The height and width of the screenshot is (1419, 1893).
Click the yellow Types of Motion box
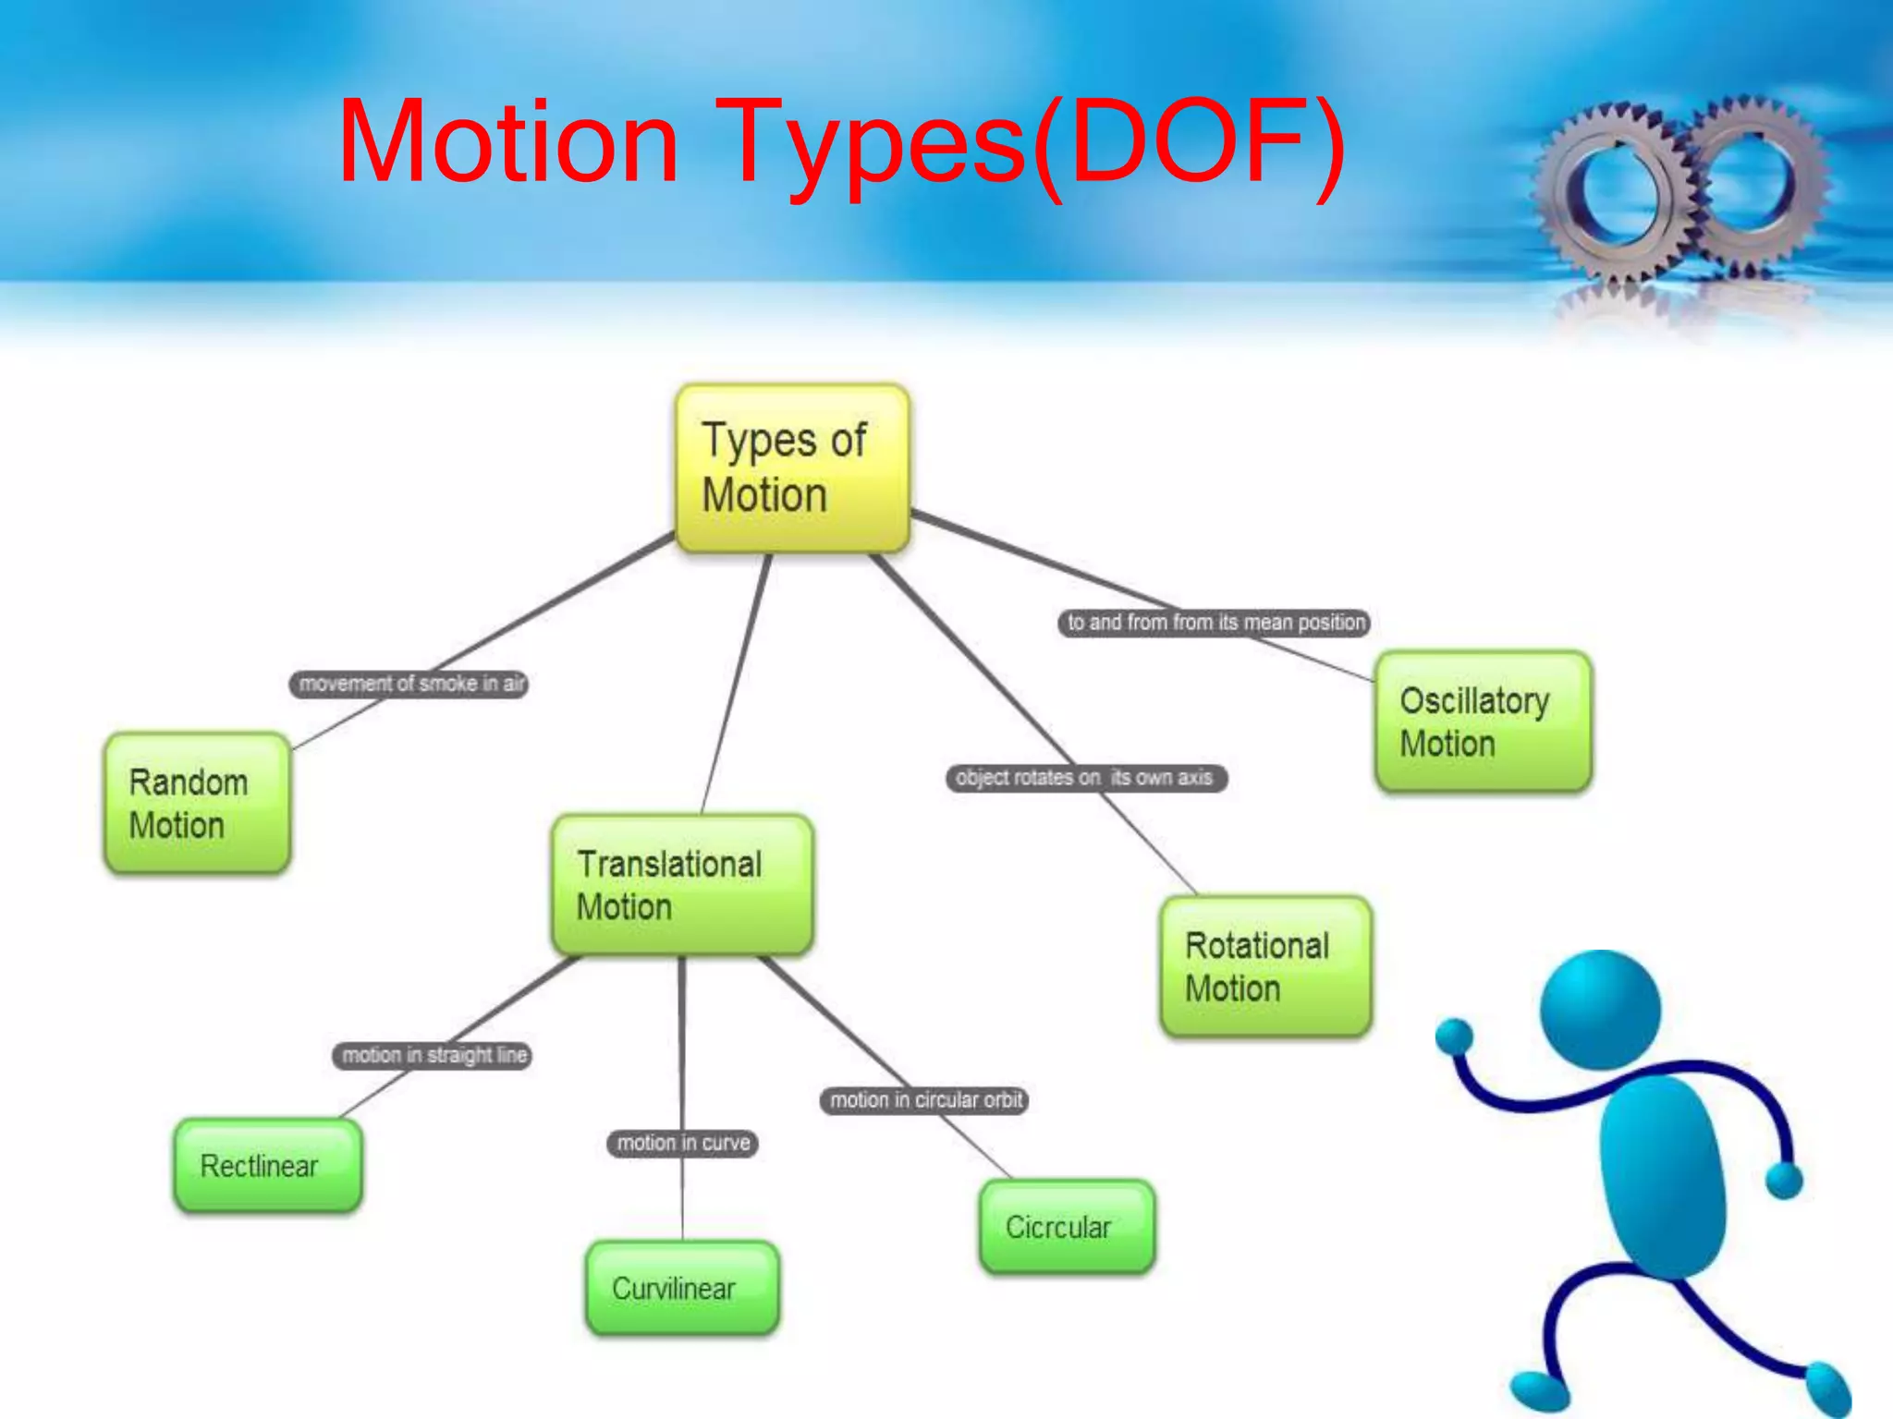tap(792, 467)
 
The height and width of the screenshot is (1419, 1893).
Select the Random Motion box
tap(197, 803)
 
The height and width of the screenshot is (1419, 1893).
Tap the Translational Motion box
tap(682, 884)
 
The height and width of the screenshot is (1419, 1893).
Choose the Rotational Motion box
tap(1265, 965)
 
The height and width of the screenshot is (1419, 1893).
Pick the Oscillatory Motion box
tap(1483, 722)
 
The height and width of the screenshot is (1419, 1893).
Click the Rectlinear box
tap(267, 1165)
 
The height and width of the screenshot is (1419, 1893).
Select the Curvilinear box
tap(682, 1287)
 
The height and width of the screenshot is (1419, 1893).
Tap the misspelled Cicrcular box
tap(1067, 1227)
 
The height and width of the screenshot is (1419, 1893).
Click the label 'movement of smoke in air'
tap(409, 684)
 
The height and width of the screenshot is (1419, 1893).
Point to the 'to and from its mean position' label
tap(1214, 623)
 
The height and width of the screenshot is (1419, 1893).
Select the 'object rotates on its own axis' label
tap(1085, 778)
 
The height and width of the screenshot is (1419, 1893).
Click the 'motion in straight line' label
tap(433, 1055)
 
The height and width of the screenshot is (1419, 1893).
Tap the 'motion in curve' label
tap(682, 1143)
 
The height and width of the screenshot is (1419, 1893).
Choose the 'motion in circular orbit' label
tap(924, 1099)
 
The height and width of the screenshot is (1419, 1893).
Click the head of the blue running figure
tap(1600, 1010)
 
